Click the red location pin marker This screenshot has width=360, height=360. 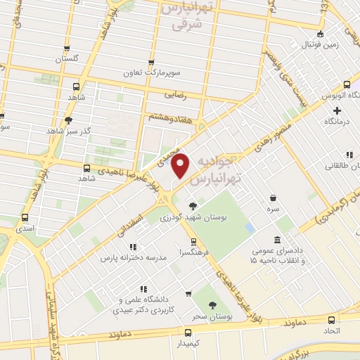[181, 166]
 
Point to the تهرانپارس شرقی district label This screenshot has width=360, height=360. [186, 15]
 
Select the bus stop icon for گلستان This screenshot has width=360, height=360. [67, 49]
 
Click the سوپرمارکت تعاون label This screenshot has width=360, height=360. [173, 73]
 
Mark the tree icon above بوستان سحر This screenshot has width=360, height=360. [213, 306]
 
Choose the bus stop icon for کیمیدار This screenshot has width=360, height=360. [187, 332]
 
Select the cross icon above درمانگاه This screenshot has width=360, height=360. [337, 110]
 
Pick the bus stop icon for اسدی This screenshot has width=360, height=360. [25, 217]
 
